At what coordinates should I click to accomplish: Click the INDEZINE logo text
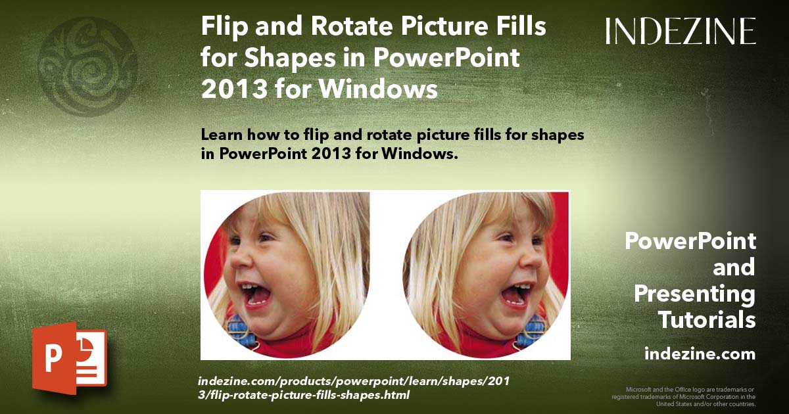[x=681, y=31]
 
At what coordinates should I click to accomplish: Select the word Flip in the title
[x=221, y=29]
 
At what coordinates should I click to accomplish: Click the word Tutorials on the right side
[x=707, y=320]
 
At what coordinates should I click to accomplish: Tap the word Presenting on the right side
[x=695, y=294]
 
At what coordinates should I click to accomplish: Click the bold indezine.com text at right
[x=700, y=354]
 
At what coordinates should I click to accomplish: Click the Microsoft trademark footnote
[x=684, y=396]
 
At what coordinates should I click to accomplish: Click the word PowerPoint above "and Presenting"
[x=690, y=241]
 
